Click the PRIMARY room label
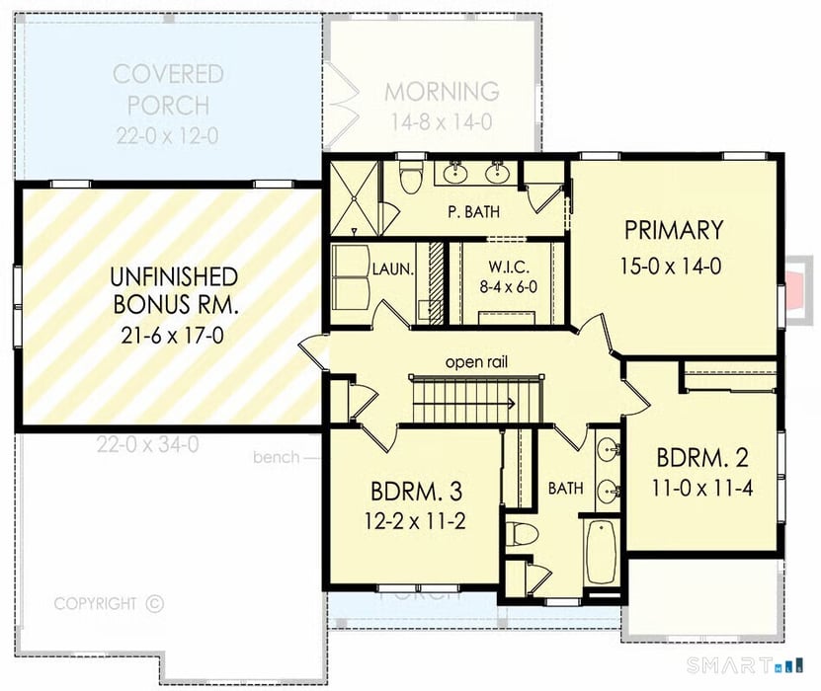click(674, 230)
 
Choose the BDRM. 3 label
click(417, 491)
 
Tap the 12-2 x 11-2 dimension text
click(417, 521)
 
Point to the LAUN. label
click(392, 268)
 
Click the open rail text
click(476, 361)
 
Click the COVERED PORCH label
click(167, 89)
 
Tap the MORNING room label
click(441, 92)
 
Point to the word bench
click(274, 457)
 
